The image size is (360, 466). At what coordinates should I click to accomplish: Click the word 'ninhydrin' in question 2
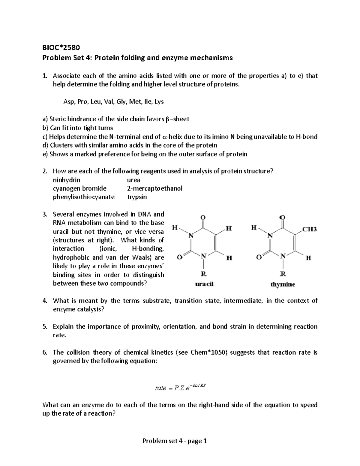click(67, 180)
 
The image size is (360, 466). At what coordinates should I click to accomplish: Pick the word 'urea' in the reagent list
click(133, 180)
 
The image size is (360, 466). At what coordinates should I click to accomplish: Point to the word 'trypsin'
click(137, 197)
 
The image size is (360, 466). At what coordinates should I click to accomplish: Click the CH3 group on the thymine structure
click(309, 230)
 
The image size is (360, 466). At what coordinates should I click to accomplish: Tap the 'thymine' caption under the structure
click(283, 284)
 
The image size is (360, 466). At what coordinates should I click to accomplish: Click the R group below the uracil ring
click(203, 274)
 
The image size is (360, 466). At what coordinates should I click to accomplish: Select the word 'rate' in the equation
click(160, 388)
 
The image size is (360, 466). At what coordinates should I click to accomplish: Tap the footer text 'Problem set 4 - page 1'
click(175, 441)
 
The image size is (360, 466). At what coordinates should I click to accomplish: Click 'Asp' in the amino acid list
click(68, 102)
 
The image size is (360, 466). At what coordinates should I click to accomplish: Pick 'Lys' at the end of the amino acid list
click(159, 102)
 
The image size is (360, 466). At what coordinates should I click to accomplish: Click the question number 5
click(44, 326)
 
